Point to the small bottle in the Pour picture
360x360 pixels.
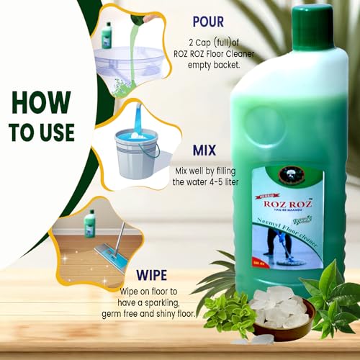[107, 33]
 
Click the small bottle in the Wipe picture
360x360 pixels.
[89, 223]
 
